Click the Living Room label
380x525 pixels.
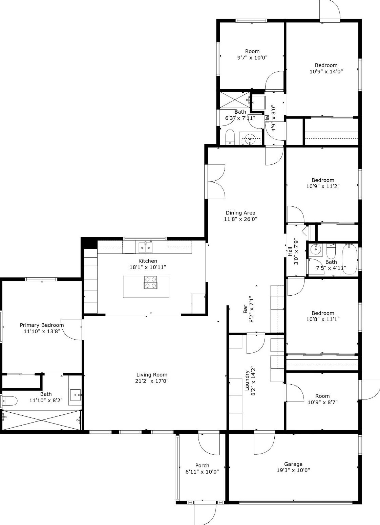pos(152,375)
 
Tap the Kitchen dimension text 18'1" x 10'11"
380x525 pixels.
pos(148,267)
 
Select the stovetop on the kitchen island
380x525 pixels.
pos(150,282)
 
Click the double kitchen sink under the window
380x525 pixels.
pos(145,247)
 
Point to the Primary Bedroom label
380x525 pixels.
pos(42,325)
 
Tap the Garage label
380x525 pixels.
pos(293,464)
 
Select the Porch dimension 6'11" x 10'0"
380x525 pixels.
pos(202,472)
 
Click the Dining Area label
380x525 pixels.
pos(240,213)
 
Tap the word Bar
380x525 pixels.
pos(246,309)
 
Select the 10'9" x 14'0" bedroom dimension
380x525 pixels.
pos(326,71)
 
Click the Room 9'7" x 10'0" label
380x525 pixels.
pos(252,51)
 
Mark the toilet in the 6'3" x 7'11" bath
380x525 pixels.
pos(230,137)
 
